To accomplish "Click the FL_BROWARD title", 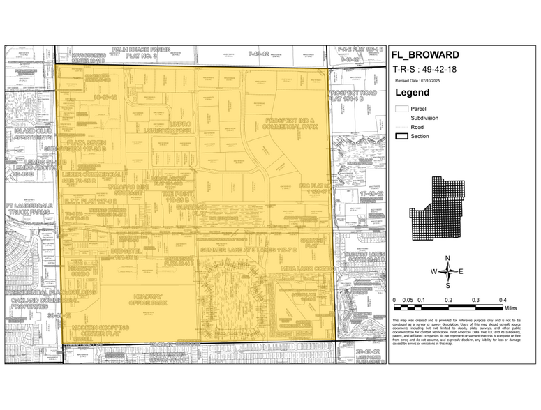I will pos(426,55).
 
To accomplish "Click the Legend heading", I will pos(413,92).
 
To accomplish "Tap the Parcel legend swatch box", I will pos(401,109).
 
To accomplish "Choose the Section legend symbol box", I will pos(401,136).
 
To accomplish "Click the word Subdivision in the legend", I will pos(424,118).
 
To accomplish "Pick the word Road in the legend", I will pos(417,127).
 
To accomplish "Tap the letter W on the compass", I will pos(433,272).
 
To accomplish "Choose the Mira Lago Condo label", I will pos(305,267).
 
